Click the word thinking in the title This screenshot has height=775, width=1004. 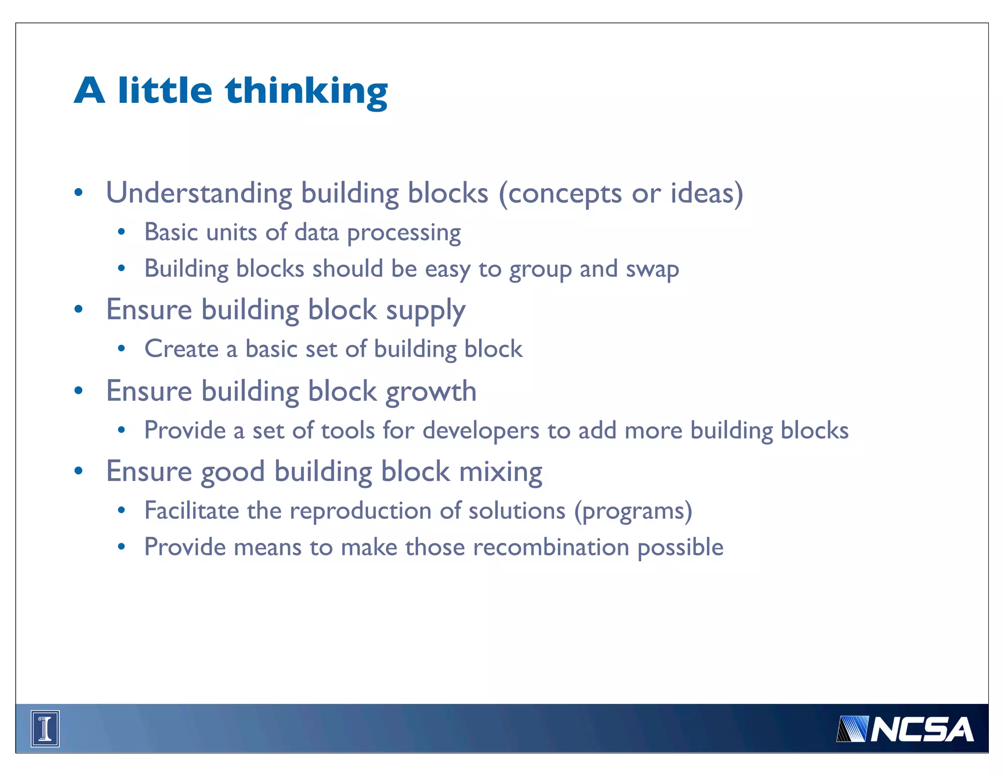point(306,92)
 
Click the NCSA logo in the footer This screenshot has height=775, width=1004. point(905,729)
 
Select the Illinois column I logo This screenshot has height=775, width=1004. point(45,728)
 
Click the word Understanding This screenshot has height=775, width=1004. point(199,193)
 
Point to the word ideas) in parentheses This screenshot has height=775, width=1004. point(706,193)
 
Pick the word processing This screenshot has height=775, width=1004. point(404,233)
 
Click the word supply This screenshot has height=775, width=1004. point(425,311)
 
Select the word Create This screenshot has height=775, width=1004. point(181,349)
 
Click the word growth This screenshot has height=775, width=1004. point(431,392)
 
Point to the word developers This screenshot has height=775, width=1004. point(481,431)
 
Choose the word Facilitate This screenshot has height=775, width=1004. point(192,511)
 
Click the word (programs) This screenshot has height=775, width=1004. point(633,511)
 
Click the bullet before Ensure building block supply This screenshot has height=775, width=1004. point(78,310)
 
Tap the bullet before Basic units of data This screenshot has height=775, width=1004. point(122,232)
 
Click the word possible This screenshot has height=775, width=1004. point(680,548)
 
